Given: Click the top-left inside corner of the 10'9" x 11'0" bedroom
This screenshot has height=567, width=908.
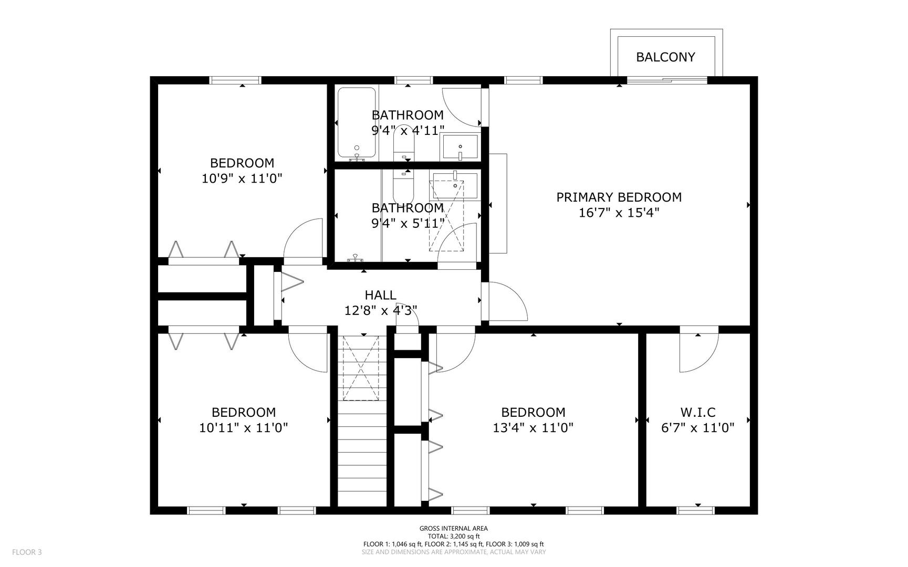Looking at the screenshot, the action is [158, 84].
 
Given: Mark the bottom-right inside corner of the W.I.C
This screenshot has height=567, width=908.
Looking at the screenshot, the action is [750, 507].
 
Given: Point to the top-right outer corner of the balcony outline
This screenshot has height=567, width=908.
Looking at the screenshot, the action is [723, 29].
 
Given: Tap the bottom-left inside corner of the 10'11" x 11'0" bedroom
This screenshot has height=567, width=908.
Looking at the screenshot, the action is [158, 507].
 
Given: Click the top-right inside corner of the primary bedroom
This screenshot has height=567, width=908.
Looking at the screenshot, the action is [750, 84].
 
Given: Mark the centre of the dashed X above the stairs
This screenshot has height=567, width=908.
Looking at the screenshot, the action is [361, 368].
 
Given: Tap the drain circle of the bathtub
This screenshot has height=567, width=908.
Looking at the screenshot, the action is [357, 148].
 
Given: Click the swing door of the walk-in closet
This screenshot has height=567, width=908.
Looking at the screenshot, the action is [698, 352].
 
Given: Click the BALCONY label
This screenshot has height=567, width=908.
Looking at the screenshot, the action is [665, 57].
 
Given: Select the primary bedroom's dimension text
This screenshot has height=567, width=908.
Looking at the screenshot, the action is [619, 213].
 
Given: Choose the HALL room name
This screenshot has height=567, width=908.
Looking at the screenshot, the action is [381, 295].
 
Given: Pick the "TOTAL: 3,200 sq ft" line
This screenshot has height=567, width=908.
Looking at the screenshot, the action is [454, 537].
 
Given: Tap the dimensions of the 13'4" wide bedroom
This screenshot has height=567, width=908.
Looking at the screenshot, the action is [533, 428].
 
